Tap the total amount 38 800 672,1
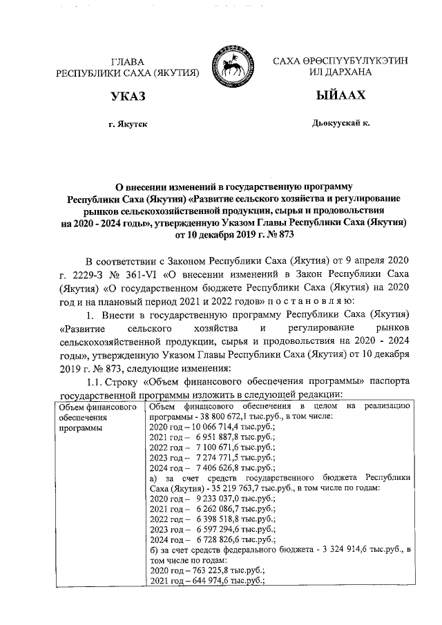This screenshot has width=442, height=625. pyautogui.click(x=224, y=417)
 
